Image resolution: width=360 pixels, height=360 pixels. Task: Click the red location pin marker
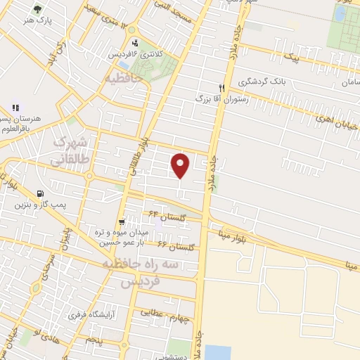click(x=181, y=166)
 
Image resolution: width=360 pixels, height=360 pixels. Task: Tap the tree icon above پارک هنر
click(x=37, y=11)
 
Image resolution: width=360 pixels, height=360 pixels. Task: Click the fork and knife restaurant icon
click(x=221, y=89)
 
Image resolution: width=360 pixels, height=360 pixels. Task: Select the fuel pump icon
click(x=38, y=194)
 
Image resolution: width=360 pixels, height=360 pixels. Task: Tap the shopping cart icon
click(x=122, y=221)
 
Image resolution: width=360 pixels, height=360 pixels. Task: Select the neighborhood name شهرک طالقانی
click(x=70, y=150)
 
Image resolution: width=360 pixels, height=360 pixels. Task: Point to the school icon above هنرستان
click(x=15, y=109)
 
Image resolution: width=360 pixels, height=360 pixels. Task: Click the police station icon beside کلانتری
click(x=135, y=43)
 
